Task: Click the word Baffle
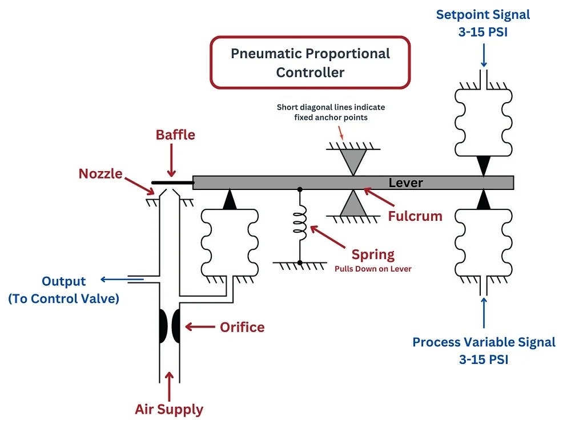coord(175,135)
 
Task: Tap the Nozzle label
coord(100,173)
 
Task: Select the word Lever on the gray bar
coord(405,183)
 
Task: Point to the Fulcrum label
coord(415,216)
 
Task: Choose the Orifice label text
coord(242,327)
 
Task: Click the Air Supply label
coord(169,409)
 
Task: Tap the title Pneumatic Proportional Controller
coord(310,63)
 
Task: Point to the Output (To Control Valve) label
coord(63,289)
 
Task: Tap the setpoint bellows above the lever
coord(483,121)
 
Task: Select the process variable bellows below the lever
coord(483,243)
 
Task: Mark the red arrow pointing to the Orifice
coord(200,327)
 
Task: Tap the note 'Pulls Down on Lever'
coord(372,268)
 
